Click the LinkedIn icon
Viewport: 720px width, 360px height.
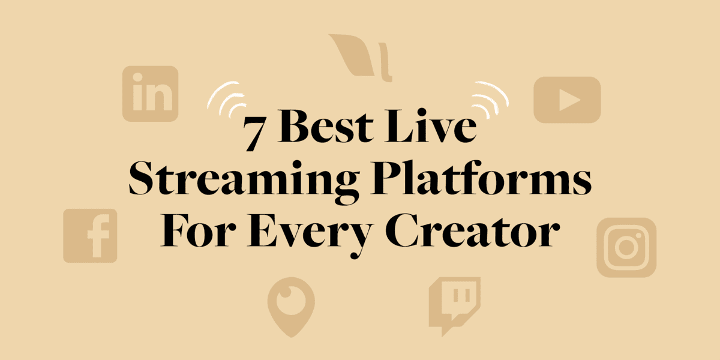pos(150,94)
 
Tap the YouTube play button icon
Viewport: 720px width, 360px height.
pos(567,100)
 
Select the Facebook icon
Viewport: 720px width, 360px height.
pos(90,236)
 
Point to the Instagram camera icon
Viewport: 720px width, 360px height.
pos(626,247)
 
